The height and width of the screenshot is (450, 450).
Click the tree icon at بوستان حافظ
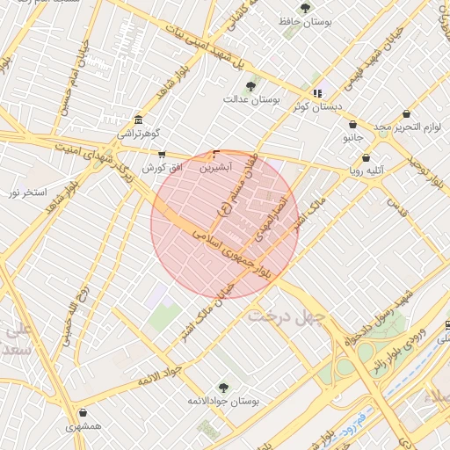305,8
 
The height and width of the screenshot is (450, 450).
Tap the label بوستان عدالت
250,99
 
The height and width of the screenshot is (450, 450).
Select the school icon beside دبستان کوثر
317,92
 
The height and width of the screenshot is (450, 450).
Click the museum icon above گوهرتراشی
138,120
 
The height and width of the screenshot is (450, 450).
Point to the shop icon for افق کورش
161,154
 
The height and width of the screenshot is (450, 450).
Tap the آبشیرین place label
216,165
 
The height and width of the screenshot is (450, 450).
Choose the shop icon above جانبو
352,125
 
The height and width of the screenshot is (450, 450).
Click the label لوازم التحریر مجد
405,127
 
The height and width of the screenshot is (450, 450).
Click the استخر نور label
27,192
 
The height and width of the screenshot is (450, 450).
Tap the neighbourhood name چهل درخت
287,315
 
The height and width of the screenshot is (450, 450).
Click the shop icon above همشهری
83,413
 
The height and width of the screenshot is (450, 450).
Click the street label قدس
404,209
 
